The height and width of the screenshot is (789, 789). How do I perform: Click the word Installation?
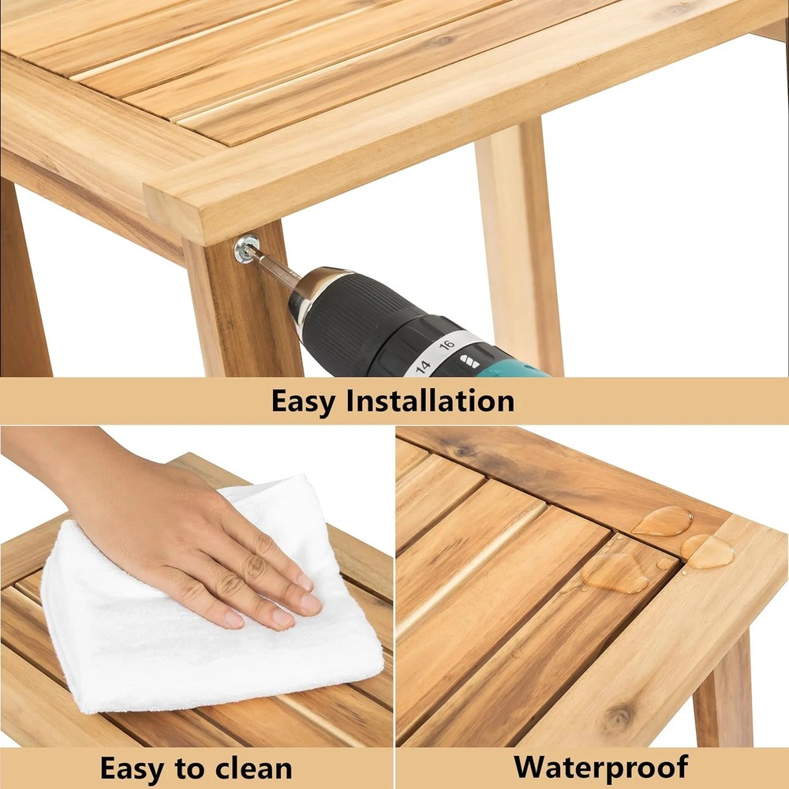(x=430, y=401)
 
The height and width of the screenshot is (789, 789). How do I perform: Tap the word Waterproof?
(x=601, y=766)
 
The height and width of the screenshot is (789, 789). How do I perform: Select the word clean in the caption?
(x=253, y=768)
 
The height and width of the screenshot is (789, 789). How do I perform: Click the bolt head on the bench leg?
(x=245, y=249)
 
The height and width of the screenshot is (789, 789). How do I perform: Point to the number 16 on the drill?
(x=447, y=345)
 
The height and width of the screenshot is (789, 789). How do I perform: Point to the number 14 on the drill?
(x=422, y=366)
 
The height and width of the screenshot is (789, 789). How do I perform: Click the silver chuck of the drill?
(x=316, y=291)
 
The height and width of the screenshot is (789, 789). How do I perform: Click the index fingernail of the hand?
(x=303, y=581)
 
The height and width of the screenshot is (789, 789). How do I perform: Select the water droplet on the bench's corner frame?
(x=708, y=552)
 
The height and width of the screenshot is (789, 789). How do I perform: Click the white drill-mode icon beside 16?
(x=469, y=361)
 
